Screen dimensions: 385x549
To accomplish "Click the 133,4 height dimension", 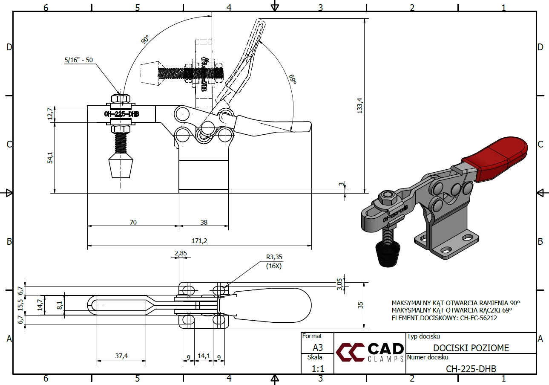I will (360, 105).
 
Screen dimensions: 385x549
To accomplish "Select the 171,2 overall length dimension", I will (199, 241).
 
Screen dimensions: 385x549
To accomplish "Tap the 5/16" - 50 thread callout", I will (79, 60).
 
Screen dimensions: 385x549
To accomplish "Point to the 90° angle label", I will (145, 41).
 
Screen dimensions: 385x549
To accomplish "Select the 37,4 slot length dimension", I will (121, 356).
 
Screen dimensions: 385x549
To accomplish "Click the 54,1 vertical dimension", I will (50, 158).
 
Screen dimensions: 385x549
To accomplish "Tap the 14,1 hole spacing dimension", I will (204, 356).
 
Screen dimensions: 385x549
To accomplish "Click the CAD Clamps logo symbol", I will (350, 352).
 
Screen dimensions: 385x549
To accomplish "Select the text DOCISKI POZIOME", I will (471, 348).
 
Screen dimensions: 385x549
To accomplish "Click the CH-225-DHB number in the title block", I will (471, 369).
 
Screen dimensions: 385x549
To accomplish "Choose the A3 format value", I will (318, 348).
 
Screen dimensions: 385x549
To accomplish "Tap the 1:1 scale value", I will (318, 368).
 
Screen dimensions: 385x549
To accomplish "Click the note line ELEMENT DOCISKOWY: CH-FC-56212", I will (444, 318).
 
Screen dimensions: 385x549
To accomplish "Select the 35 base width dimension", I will (360, 305).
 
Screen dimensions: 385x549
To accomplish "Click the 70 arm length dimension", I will (133, 222).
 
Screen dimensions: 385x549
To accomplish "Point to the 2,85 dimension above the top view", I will (181, 253).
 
